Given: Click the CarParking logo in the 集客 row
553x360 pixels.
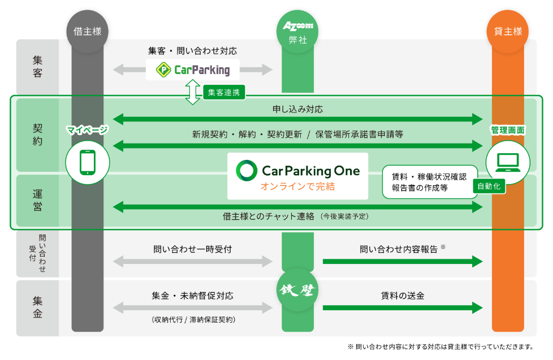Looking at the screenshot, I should pyautogui.click(x=192, y=70).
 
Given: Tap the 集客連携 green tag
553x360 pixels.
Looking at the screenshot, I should pyautogui.click(x=223, y=92).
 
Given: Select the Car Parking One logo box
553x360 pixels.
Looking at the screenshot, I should pyautogui.click(x=297, y=176).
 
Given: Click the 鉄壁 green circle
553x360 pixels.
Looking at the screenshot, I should pyautogui.click(x=298, y=290).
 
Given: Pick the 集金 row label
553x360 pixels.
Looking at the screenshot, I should pyautogui.click(x=37, y=307).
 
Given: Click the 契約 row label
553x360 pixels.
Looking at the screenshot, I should pyautogui.click(x=37, y=135).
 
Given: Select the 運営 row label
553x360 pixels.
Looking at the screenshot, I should pyautogui.click(x=37, y=200).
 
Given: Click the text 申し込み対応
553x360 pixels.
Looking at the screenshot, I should pyautogui.click(x=297, y=108).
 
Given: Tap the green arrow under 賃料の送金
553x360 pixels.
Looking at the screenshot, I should pyautogui.click(x=402, y=308).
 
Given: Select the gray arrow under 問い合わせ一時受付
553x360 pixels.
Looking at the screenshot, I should pyautogui.click(x=192, y=261).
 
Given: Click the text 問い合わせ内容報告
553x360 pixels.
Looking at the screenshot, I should pyautogui.click(x=399, y=249).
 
